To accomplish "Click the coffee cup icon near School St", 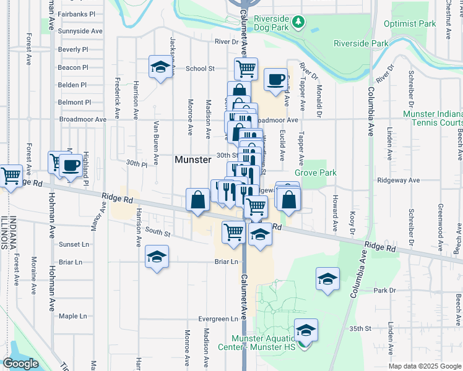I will (x=276, y=79).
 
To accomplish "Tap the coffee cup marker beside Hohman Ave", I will (x=71, y=165).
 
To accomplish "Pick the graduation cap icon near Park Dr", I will (x=327, y=278).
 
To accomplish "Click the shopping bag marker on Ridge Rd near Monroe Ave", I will (x=197, y=200).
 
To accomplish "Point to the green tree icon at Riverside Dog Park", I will (x=299, y=22).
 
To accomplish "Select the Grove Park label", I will (x=316, y=173).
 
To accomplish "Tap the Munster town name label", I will (x=193, y=160).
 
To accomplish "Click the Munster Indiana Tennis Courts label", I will (x=433, y=119).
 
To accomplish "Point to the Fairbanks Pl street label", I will (x=76, y=14).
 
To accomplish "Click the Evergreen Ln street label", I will (x=219, y=319).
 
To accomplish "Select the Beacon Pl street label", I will (x=73, y=67).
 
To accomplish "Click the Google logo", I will (x=20, y=363).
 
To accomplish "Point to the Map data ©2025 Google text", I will (x=425, y=366).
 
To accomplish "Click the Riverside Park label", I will (x=361, y=43).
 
